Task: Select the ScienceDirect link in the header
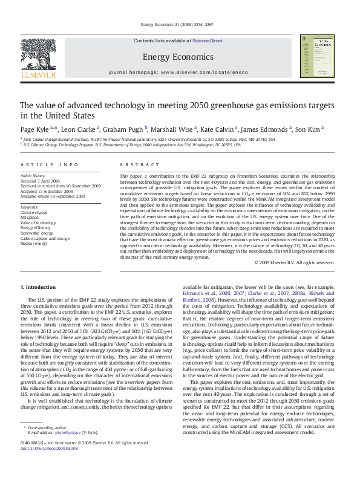[208, 41]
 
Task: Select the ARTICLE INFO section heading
[50, 164]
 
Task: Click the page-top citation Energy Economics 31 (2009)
[179, 25]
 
